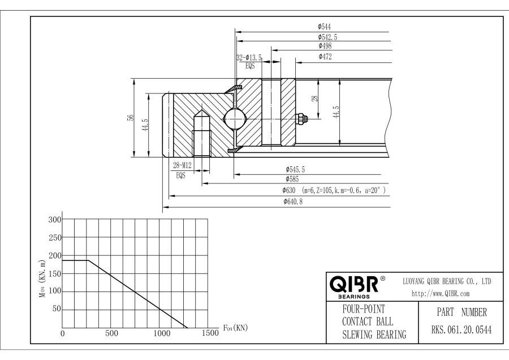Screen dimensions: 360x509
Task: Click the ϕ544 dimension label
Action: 325,26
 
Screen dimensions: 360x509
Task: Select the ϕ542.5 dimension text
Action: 327,36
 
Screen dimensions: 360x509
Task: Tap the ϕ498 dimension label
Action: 325,46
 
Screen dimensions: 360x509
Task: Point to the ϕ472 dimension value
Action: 325,57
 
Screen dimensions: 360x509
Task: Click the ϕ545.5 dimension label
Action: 295,169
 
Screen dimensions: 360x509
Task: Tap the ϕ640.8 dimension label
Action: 294,202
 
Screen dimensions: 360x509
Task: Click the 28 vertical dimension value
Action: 315,98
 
